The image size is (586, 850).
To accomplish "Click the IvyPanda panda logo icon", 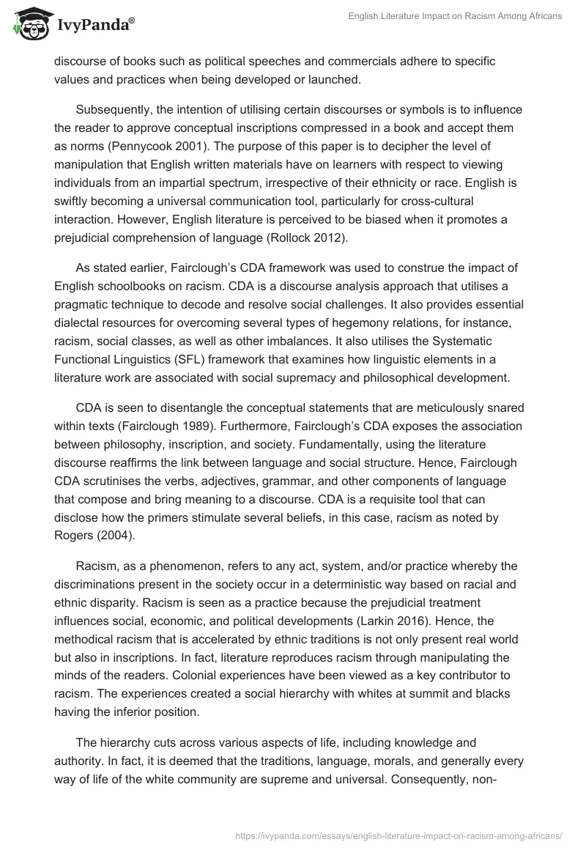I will [27, 25].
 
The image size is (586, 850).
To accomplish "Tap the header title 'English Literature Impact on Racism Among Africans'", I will [453, 17].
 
